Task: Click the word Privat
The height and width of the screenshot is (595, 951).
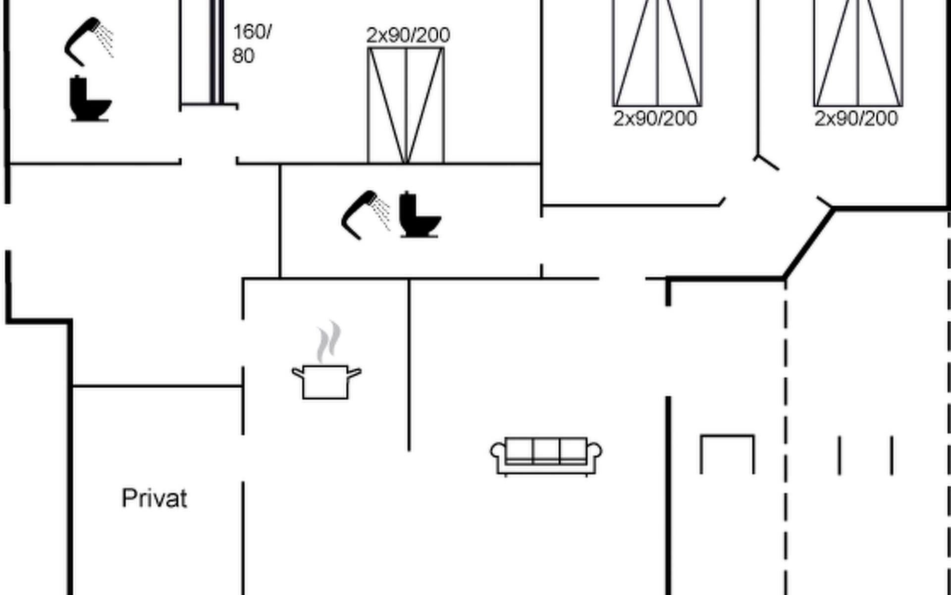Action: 155,499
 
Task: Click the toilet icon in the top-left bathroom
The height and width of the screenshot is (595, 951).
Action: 89,99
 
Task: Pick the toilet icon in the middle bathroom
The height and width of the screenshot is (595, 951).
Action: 419,215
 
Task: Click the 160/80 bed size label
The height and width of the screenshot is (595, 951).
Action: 251,44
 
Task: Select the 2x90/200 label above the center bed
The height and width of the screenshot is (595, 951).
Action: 408,35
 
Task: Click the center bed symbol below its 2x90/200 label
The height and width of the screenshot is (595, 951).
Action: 406,105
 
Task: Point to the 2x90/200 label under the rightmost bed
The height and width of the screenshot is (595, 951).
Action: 856,119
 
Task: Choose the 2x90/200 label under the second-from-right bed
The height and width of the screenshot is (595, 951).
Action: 655,119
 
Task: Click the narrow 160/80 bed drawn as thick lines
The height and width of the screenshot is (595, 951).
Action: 216,52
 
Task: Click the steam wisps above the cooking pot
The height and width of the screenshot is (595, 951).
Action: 329,342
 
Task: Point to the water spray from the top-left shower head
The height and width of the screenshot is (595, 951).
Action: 106,40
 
